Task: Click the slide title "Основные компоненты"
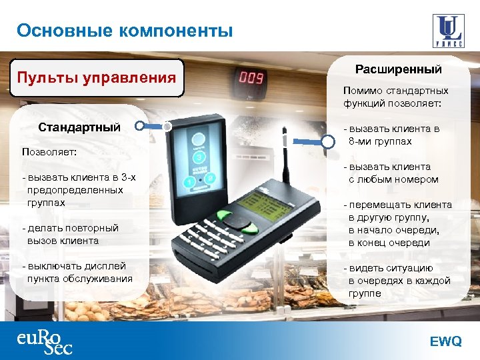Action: [125, 31]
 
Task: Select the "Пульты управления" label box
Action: [96, 77]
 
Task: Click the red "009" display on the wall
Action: [251, 78]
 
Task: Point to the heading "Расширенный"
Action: [398, 69]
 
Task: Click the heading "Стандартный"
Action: [79, 126]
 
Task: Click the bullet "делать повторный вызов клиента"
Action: [70, 234]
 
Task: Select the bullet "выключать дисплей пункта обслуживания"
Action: [77, 272]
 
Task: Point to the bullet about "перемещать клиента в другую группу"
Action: [399, 224]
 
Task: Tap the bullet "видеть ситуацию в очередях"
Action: [398, 281]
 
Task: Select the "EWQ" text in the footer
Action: [445, 341]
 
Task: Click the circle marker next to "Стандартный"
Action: [139, 125]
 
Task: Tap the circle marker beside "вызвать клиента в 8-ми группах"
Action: [329, 141]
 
